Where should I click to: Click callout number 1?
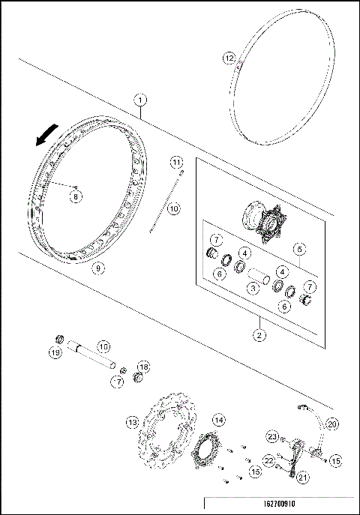(x=140, y=99)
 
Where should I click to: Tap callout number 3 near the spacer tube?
(x=255, y=288)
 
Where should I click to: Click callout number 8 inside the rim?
(x=76, y=196)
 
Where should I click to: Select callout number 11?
(x=175, y=162)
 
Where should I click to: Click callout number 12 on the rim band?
(x=229, y=57)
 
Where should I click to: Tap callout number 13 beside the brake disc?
(x=133, y=423)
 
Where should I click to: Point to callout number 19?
(x=55, y=352)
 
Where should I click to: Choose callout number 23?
(x=274, y=437)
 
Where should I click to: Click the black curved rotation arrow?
(x=46, y=135)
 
